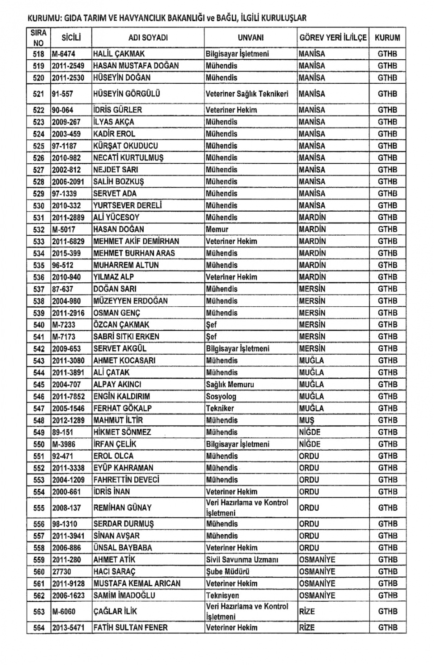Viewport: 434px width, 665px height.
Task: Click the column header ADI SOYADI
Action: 148,38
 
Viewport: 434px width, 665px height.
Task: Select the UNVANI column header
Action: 250,38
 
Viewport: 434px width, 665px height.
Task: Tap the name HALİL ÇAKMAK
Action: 119,54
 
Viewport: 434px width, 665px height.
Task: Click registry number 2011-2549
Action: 68,66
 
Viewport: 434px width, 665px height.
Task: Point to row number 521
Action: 39,94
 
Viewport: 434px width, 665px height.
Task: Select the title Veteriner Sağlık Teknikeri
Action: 247,94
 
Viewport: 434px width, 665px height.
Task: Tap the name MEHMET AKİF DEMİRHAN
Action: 136,242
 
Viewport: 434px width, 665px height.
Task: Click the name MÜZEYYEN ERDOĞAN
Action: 130,301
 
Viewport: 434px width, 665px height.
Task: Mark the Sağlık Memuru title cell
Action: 230,385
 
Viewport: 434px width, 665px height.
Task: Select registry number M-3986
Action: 64,444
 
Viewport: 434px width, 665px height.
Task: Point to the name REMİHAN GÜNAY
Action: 122,508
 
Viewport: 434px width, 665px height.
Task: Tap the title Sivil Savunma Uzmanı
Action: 242,560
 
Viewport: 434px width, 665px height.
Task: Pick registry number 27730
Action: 62,572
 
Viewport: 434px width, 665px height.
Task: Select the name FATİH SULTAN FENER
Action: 130,628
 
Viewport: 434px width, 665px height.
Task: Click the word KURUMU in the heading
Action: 44,19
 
